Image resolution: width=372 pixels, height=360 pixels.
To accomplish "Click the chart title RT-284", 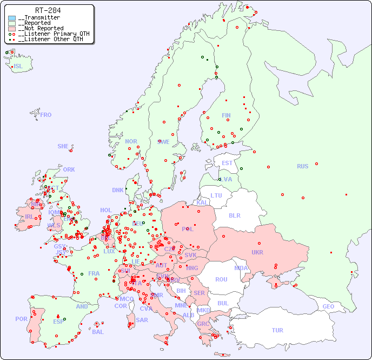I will click(x=48, y=10).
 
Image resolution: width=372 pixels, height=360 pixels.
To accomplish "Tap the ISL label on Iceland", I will click(x=18, y=67).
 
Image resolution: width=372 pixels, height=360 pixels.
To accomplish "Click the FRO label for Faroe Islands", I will click(x=46, y=115).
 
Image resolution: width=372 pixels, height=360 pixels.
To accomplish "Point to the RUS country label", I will click(x=302, y=166).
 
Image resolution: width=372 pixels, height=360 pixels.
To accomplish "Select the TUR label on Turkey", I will click(x=277, y=330).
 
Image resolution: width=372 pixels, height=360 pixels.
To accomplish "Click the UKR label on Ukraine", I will click(x=257, y=252).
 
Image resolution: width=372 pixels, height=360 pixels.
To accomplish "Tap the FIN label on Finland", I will click(x=226, y=115).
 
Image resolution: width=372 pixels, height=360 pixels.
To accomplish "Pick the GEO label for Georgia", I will click(x=328, y=306).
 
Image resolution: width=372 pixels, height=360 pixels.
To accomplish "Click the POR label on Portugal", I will click(x=21, y=319).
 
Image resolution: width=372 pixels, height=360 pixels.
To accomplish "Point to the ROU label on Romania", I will click(x=221, y=279).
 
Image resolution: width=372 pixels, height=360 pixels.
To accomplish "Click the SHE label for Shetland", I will click(x=63, y=146).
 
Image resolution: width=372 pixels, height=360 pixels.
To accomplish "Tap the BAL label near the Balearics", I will click(x=98, y=332).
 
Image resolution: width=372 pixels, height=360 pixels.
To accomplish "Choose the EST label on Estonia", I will click(x=228, y=163).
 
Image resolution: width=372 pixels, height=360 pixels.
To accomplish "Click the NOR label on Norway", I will click(x=131, y=141).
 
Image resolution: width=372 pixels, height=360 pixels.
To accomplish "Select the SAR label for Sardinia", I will click(x=142, y=320).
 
